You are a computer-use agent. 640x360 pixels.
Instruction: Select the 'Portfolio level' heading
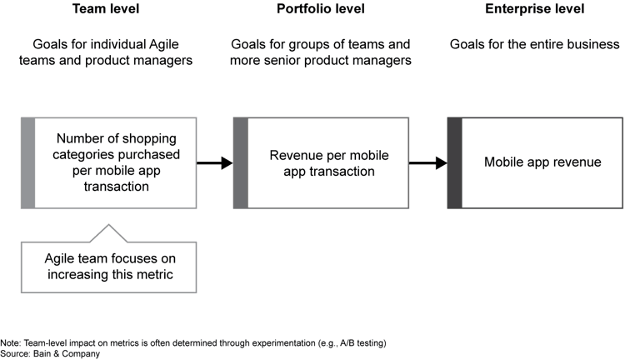(321, 10)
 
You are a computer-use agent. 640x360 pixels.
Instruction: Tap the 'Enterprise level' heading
(534, 10)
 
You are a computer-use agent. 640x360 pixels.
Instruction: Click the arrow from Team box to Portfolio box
(215, 163)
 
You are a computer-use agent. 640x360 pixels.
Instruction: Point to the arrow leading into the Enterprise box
(428, 163)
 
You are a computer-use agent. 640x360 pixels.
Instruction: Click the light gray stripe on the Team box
(27, 163)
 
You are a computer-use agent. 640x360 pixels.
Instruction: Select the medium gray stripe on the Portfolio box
(241, 163)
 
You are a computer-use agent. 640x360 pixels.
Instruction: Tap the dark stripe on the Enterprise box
(454, 163)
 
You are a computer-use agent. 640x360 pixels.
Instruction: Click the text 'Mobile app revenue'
(542, 162)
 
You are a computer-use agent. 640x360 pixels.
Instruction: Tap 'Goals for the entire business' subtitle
(534, 43)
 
